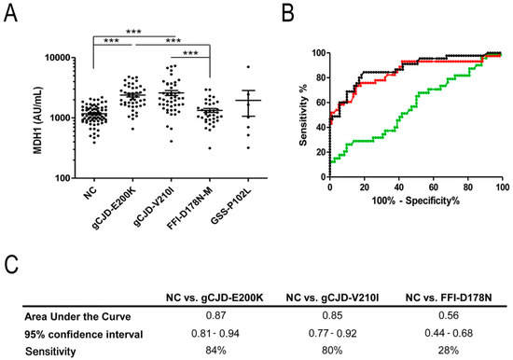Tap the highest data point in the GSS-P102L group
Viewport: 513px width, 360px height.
click(x=248, y=67)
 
